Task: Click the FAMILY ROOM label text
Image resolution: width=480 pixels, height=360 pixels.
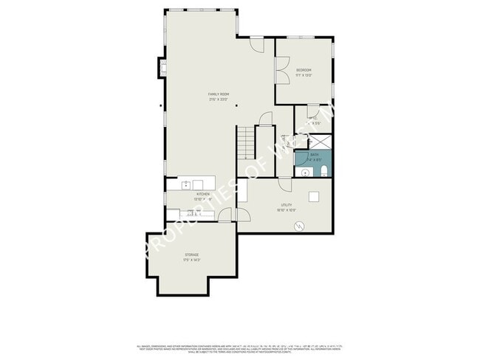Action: tap(217, 94)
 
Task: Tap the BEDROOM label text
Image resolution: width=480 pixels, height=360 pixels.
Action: tap(304, 70)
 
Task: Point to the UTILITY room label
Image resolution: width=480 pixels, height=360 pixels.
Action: tap(287, 204)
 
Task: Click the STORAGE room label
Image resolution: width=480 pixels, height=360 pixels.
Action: tap(191, 255)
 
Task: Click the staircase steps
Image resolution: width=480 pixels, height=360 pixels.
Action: tap(245, 142)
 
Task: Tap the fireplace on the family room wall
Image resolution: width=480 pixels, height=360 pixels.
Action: tap(161, 69)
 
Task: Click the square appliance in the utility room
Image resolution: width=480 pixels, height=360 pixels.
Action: tap(314, 196)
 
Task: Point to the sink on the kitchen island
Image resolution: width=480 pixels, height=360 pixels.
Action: tap(187, 184)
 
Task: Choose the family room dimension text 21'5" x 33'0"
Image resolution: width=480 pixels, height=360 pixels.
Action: tap(217, 100)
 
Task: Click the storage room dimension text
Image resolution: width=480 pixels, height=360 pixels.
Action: tap(191, 260)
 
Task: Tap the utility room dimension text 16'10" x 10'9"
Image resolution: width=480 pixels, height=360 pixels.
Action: tap(287, 210)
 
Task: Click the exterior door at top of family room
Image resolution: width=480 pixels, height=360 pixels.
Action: tap(256, 45)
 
